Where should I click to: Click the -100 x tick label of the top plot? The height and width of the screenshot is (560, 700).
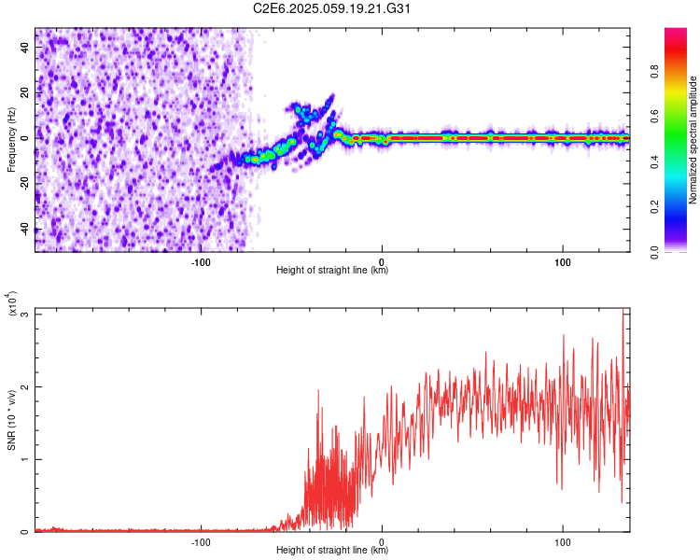tap(202, 262)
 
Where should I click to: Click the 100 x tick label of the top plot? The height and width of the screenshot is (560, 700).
tap(563, 262)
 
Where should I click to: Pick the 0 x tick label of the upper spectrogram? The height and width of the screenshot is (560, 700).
tap(382, 262)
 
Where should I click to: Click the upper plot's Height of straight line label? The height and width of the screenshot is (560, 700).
tap(332, 271)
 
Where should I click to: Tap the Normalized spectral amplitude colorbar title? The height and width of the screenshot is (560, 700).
tap(693, 140)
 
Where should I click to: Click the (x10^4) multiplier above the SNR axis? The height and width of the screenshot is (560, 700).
tap(11, 305)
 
